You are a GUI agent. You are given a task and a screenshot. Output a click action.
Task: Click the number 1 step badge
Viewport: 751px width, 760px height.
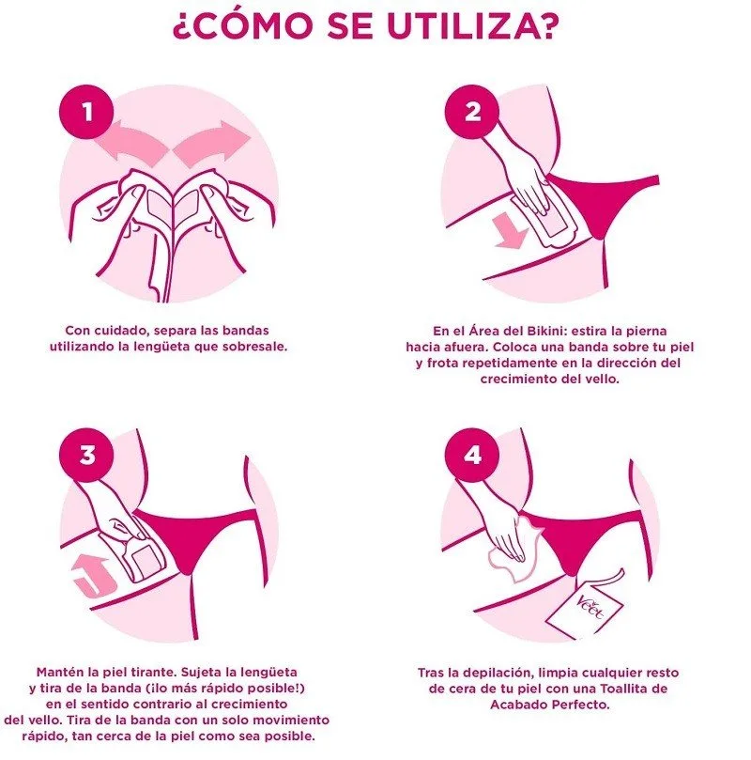(x=86, y=112)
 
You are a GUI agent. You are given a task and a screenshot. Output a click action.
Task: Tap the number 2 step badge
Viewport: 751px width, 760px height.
(x=472, y=112)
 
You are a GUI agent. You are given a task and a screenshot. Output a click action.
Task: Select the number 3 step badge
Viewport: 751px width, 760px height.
(x=86, y=455)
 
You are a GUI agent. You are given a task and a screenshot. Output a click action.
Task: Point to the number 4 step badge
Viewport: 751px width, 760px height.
(x=472, y=455)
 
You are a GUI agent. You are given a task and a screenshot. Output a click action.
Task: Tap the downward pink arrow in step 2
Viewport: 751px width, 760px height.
(x=511, y=231)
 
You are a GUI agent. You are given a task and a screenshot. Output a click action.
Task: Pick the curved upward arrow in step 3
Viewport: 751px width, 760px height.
(x=93, y=577)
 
